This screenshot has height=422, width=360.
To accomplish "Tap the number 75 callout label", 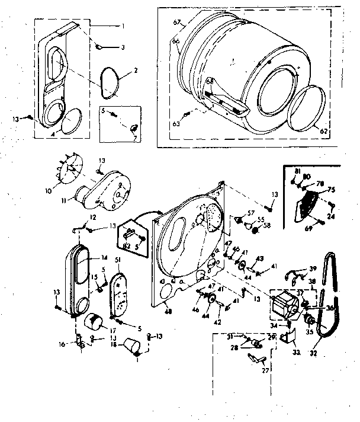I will pos(332,190).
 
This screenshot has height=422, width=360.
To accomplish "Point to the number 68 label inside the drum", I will pos(210,81).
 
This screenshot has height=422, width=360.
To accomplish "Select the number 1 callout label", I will pos(123,26).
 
